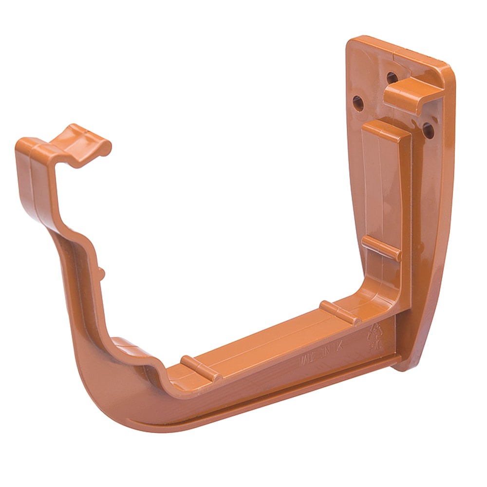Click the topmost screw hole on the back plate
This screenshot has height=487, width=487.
point(392,77)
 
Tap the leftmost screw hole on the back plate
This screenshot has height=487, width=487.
point(358,103)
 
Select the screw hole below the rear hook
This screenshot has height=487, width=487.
point(428,130)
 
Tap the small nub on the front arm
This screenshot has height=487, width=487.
point(102,273)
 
